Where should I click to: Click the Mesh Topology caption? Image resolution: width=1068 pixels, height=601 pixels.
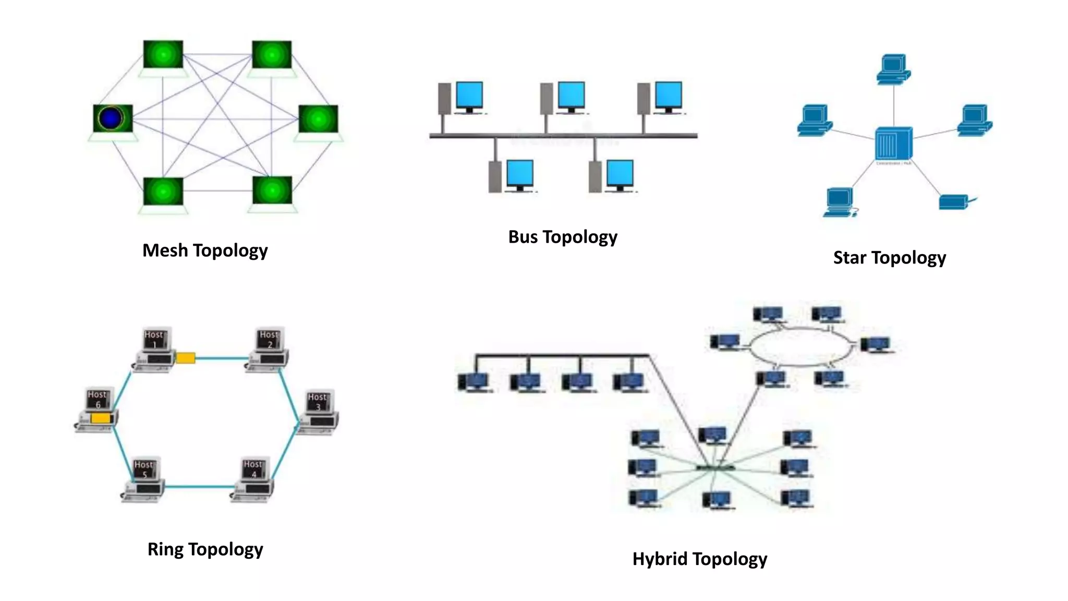coord(205,250)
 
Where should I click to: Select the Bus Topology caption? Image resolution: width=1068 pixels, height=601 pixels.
coord(563,237)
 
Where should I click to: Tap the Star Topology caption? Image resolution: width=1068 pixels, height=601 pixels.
coord(889,258)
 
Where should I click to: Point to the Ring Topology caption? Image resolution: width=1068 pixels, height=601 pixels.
coord(205,549)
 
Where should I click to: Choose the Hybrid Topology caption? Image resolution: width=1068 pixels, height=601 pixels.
coord(699,559)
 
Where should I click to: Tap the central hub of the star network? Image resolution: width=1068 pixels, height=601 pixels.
coord(894,143)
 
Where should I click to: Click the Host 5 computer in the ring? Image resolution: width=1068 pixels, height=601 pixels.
coord(144,479)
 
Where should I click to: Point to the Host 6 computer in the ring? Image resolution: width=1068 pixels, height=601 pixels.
coord(97,410)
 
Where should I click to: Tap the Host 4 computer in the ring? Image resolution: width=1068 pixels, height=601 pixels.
coord(253,479)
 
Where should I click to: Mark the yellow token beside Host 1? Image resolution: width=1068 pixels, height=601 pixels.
coord(186,358)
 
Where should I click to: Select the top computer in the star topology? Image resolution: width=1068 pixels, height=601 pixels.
coord(893,69)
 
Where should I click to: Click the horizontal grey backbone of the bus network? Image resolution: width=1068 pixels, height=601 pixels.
coord(563,136)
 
